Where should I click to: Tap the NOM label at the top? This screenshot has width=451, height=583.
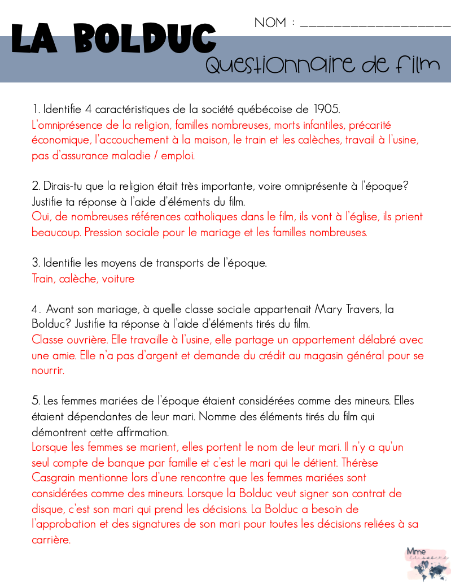click(x=270, y=23)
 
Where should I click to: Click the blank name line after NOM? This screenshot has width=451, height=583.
click(x=375, y=25)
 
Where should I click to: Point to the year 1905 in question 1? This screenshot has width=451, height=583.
click(x=327, y=108)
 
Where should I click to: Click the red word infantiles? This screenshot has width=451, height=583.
click(x=320, y=124)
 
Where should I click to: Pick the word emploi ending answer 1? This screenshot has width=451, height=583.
click(x=178, y=155)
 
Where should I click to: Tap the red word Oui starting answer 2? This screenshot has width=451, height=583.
click(x=41, y=217)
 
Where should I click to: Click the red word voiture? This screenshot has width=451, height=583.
click(x=118, y=279)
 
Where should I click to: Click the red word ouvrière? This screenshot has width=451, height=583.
click(x=81, y=340)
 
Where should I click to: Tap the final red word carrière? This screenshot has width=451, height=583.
click(x=51, y=540)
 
